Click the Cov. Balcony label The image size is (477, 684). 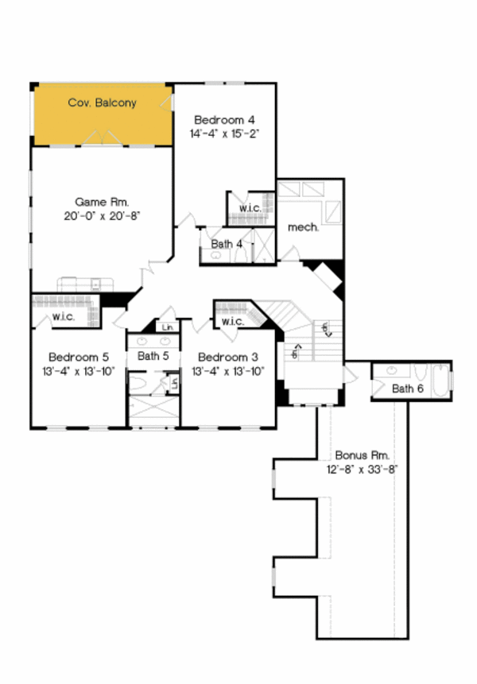click(102, 102)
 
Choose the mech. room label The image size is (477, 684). click(304, 226)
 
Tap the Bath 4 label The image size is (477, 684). click(227, 244)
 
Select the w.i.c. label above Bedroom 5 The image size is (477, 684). click(64, 317)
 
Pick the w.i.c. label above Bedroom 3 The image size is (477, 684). click(232, 322)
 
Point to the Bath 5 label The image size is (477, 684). click(153, 356)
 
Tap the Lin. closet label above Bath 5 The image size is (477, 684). click(167, 327)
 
